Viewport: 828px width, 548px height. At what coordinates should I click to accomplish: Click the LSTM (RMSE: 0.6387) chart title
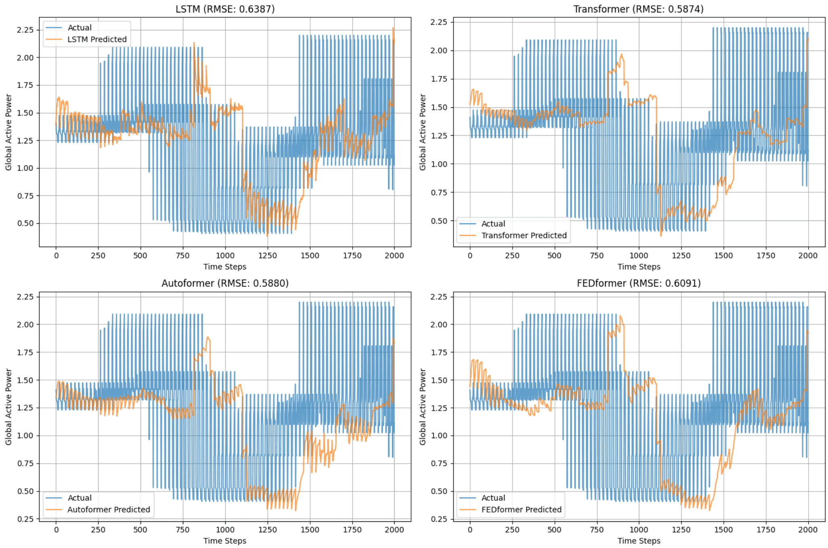(x=225, y=9)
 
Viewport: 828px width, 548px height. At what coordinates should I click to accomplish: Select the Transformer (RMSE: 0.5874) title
(x=639, y=9)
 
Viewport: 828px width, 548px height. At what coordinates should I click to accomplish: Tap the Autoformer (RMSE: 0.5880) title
(x=225, y=283)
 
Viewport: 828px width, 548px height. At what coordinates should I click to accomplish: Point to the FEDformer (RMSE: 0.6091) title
(x=639, y=283)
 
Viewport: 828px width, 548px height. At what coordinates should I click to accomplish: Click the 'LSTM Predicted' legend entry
(x=97, y=39)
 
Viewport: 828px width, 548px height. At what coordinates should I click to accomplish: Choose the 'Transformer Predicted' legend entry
(x=524, y=235)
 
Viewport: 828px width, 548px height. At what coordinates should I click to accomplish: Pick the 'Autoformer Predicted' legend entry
(x=109, y=510)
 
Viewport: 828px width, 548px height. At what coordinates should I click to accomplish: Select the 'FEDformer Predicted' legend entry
(x=521, y=510)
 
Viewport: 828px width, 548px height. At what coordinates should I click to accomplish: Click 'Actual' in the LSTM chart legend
(x=80, y=27)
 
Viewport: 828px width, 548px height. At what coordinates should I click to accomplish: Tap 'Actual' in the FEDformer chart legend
(x=493, y=498)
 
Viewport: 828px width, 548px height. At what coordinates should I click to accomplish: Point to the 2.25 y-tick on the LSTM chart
(x=25, y=30)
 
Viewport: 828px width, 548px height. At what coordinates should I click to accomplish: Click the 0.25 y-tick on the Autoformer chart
(x=25, y=519)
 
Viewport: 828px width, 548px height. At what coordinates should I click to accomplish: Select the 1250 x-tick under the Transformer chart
(x=681, y=256)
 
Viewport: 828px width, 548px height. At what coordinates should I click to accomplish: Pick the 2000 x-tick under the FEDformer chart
(x=808, y=530)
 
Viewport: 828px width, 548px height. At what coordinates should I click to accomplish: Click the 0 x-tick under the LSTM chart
(x=56, y=256)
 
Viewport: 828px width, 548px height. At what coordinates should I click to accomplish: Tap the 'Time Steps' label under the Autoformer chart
(x=225, y=541)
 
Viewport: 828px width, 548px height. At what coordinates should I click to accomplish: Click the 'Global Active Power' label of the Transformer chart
(x=422, y=132)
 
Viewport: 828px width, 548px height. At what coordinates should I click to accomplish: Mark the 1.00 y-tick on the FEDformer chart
(x=439, y=436)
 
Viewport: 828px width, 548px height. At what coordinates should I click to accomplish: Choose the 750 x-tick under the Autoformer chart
(x=183, y=530)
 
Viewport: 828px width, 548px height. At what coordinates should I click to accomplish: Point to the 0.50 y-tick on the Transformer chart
(x=439, y=221)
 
